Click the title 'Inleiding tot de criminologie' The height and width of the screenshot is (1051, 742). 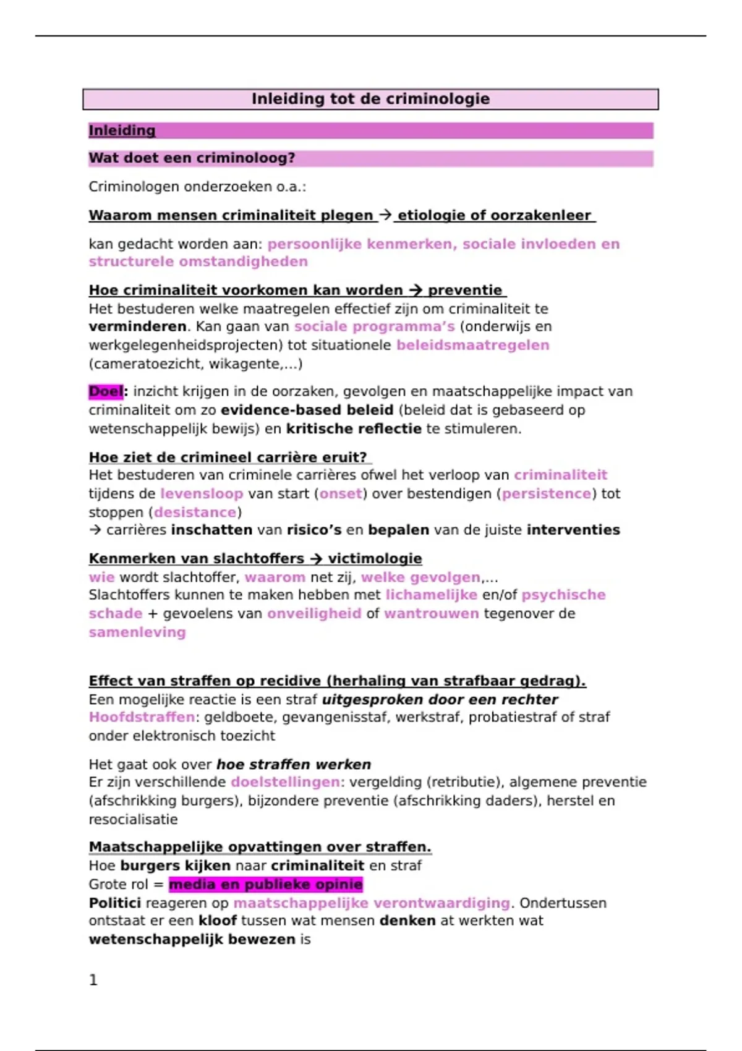(x=370, y=99)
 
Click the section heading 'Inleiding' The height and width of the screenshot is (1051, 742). (x=122, y=130)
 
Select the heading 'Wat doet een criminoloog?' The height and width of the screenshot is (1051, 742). (x=192, y=158)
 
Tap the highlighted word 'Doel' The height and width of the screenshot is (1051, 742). (x=106, y=391)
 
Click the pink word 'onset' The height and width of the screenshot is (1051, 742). (x=340, y=493)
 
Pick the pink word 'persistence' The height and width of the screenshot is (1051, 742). (x=546, y=493)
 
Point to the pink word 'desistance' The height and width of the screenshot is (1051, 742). (x=195, y=512)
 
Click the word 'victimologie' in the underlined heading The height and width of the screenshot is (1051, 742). (x=375, y=558)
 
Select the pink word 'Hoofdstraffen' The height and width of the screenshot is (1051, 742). (x=142, y=717)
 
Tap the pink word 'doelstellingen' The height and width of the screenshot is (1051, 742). (x=285, y=782)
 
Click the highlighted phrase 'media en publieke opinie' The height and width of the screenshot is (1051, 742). (x=266, y=884)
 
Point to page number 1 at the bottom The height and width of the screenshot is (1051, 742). (x=93, y=980)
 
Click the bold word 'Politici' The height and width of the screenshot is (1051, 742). (x=115, y=903)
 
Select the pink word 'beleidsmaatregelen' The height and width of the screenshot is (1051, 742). (x=472, y=345)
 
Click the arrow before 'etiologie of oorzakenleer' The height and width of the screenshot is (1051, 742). (x=385, y=215)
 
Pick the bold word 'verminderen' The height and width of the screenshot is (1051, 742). (x=137, y=326)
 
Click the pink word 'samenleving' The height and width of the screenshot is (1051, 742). (x=137, y=632)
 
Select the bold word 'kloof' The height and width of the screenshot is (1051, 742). (x=218, y=921)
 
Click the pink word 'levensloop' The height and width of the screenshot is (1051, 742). (x=202, y=493)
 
